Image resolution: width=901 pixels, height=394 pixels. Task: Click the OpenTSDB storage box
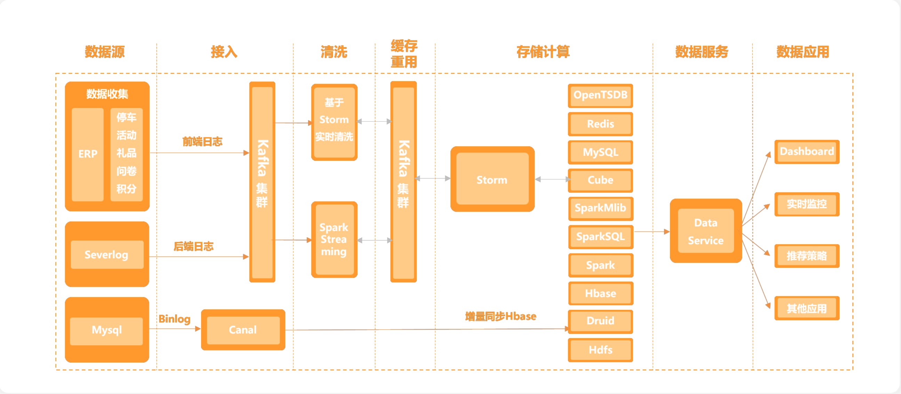pos(600,95)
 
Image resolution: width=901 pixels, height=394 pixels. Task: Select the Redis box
pos(600,124)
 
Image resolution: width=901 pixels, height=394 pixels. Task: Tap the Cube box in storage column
pos(600,180)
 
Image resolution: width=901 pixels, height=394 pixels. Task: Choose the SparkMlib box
pos(600,208)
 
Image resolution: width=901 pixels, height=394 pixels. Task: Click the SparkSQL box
pos(600,237)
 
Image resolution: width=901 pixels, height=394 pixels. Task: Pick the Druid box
pos(600,321)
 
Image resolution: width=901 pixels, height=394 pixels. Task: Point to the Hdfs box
pos(600,349)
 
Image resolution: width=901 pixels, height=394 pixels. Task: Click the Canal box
pos(243,330)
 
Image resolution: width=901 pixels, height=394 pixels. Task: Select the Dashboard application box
pos(807,151)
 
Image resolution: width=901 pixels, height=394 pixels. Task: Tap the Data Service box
pos(705,231)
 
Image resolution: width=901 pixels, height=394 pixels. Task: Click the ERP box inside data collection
pos(87,154)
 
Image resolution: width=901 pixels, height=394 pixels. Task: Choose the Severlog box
pos(107,254)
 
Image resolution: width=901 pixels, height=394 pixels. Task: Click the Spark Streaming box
pos(334,239)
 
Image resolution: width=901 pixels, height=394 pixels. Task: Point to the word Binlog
pos(175,319)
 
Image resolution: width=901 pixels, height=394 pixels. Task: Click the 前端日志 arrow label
pos(202,141)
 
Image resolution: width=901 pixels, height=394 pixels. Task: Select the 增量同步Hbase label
pos(501,316)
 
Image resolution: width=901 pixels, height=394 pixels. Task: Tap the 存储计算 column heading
pos(543,52)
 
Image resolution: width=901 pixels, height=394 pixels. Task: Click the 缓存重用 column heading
pos(404,54)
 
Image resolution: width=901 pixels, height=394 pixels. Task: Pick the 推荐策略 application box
pos(807,256)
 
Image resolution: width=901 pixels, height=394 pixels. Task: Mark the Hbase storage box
pos(600,293)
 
